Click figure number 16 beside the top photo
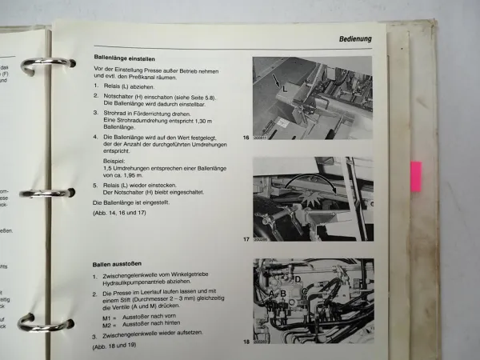[247, 138]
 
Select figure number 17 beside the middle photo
[247, 238]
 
